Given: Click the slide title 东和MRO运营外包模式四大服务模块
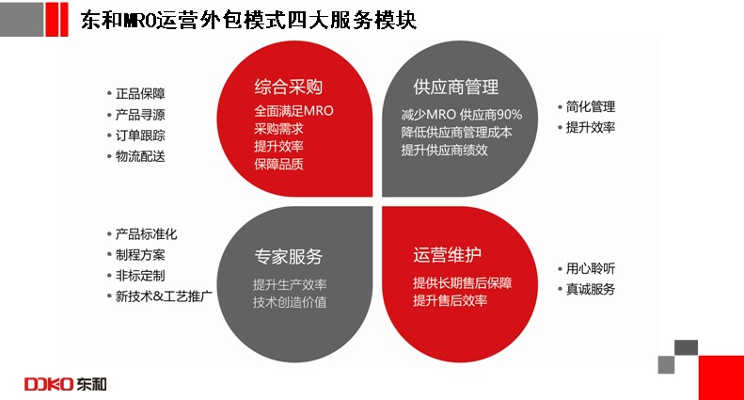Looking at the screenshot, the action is [x=248, y=20].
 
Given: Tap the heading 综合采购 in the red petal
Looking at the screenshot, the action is [x=289, y=87].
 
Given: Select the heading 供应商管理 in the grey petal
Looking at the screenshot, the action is [x=456, y=87].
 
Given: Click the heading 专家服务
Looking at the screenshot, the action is [x=289, y=257].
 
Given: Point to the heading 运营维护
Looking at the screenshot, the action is [x=447, y=255].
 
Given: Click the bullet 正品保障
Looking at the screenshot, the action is [x=140, y=93].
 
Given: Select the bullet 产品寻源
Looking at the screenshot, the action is [x=140, y=115].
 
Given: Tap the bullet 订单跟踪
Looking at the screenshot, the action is [x=140, y=136].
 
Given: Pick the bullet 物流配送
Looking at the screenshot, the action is [x=140, y=156].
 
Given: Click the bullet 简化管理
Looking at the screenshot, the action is [x=591, y=106].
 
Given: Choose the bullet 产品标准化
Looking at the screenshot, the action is [x=146, y=233].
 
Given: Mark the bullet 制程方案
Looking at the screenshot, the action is [x=140, y=255].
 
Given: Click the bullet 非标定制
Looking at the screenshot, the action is [x=140, y=276].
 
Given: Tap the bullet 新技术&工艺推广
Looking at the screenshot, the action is [x=164, y=296].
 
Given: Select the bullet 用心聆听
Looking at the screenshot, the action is [x=591, y=268].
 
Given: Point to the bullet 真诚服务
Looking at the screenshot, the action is [x=591, y=289].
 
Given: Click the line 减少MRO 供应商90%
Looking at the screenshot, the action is [x=462, y=115].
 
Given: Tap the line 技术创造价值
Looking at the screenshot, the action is [x=290, y=302].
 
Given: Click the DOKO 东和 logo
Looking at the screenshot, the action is [x=66, y=384].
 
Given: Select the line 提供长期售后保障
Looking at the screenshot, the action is [x=463, y=282].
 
